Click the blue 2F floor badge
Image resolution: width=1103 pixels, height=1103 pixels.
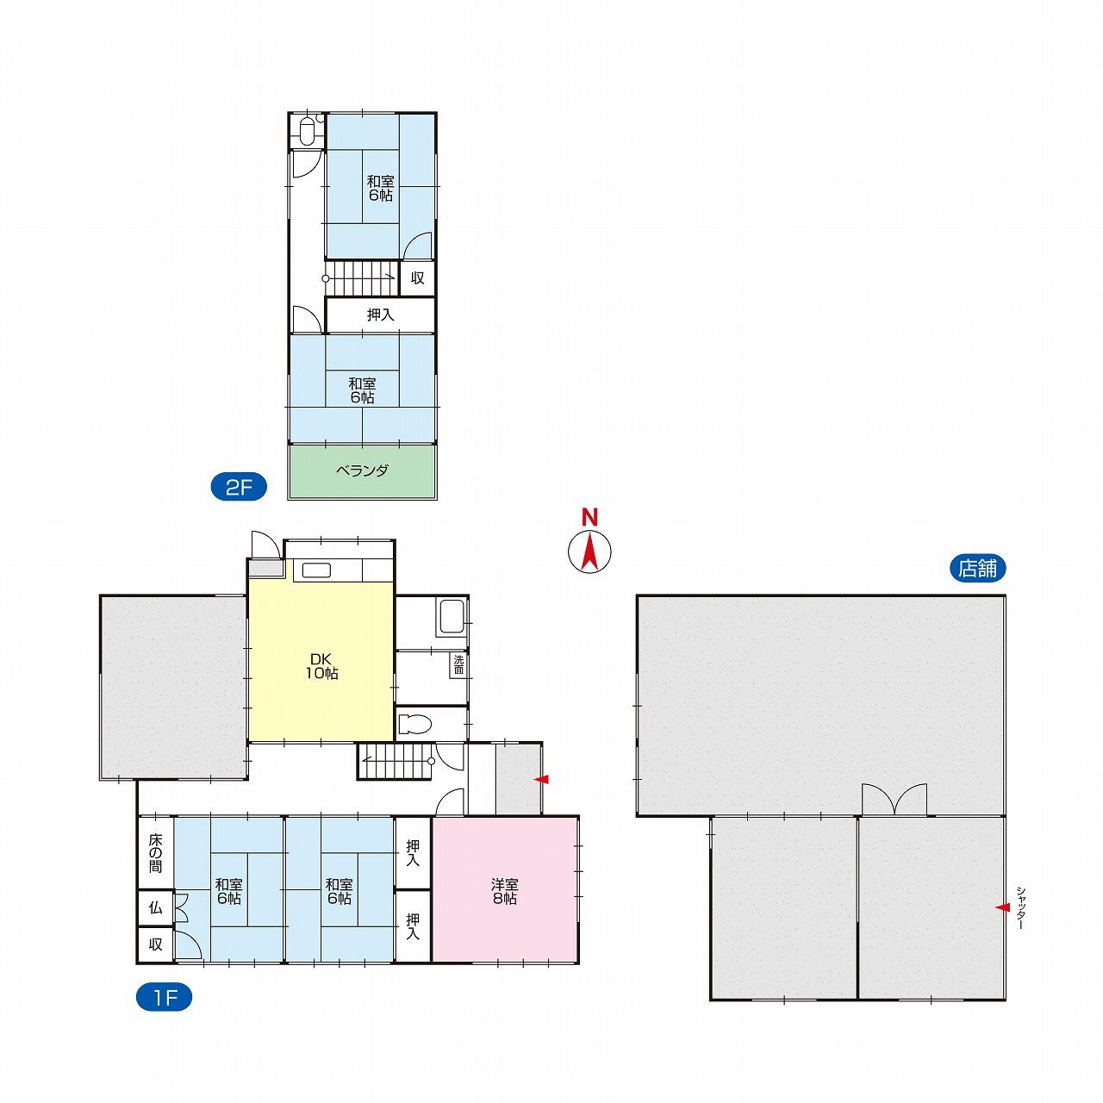point(239,488)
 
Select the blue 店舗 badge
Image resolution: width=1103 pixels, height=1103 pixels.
point(978,569)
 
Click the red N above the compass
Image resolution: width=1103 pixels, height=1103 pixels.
point(589,517)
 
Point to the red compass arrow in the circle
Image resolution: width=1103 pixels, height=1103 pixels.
point(589,551)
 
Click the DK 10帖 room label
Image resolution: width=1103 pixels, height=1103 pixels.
point(321,666)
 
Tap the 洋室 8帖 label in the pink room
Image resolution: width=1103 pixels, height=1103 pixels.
point(504,891)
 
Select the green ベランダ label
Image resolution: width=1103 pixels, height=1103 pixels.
point(362,470)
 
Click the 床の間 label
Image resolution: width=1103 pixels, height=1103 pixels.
point(156,853)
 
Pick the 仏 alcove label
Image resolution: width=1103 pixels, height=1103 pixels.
point(156,907)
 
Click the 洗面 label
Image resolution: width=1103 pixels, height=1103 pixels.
point(458,664)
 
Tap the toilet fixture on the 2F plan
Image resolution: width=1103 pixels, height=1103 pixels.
point(308,131)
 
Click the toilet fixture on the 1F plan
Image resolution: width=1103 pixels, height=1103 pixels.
point(414,724)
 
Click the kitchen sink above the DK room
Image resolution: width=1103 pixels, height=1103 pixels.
point(316,570)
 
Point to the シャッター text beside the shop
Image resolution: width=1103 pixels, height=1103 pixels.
point(1021,907)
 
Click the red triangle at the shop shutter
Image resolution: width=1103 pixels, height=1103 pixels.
point(1002,907)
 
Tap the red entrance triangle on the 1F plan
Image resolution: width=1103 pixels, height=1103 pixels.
point(541,779)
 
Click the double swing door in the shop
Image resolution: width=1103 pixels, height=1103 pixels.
point(894,799)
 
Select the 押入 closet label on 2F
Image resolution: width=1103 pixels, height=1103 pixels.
point(381,315)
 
